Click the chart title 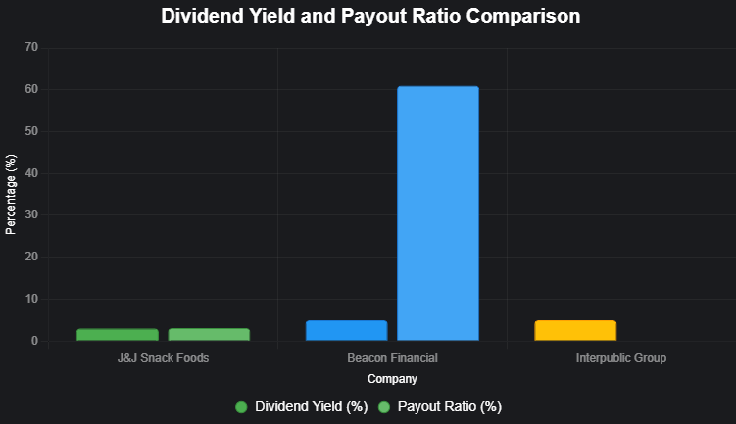(x=370, y=17)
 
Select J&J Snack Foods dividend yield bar (x=118, y=335)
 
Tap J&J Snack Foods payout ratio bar (x=209, y=335)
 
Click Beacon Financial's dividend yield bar (x=346, y=331)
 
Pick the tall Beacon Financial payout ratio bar (x=438, y=213)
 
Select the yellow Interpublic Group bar (x=575, y=331)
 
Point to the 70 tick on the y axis (x=31, y=47)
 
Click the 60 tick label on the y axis (x=31, y=89)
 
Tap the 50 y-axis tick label (x=31, y=131)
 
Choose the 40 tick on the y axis (x=31, y=173)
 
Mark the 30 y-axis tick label (x=31, y=215)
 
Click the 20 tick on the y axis (x=31, y=258)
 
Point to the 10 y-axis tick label (x=31, y=299)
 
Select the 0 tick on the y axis (x=34, y=341)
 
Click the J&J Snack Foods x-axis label (x=163, y=358)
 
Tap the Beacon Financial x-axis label (x=392, y=358)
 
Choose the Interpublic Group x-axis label (x=621, y=358)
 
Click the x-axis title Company (x=392, y=379)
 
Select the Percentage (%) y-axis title (x=12, y=194)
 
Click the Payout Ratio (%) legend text (x=450, y=406)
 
